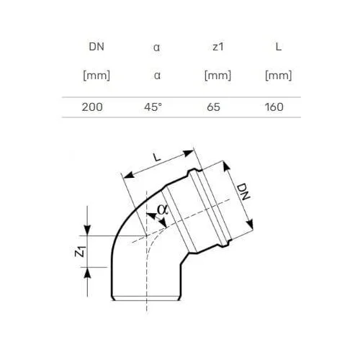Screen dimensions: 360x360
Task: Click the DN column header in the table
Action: click(x=96, y=47)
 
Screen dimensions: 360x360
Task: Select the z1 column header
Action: click(x=218, y=47)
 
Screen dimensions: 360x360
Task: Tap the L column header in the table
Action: click(x=279, y=47)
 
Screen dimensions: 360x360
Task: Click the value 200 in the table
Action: click(x=92, y=107)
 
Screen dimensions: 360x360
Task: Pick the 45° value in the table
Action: click(x=153, y=107)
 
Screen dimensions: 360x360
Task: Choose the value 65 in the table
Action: click(x=213, y=107)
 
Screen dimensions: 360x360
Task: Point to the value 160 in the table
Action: click(x=274, y=107)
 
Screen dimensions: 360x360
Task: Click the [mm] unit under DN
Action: click(x=96, y=76)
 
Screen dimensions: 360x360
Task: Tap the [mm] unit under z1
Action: click(x=218, y=76)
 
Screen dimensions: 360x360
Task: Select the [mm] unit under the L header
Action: click(x=279, y=76)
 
